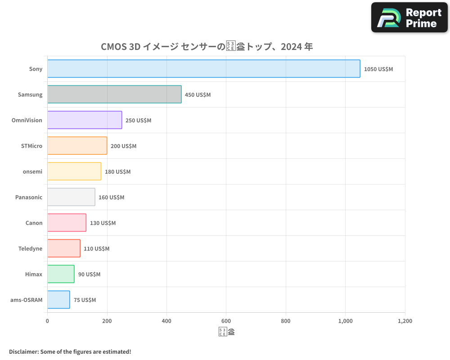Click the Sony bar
pos(203,69)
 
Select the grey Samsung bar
pos(114,94)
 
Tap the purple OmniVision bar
pos(85,120)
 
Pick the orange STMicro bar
pos(77,146)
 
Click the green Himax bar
pos(61,274)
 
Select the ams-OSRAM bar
pos(58,300)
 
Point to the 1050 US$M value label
pos(378,69)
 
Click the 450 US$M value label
pos(198,95)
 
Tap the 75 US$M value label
pos(85,300)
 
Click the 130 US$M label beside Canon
pos(103,223)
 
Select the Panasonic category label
pos(29,197)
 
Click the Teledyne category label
pos(30,248)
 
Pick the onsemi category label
pos(32,171)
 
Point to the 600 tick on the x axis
pos(226,321)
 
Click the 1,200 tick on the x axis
pos(405,321)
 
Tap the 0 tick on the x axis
pos(47,321)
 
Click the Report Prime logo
pos(409,18)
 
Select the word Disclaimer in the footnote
pos(23,351)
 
